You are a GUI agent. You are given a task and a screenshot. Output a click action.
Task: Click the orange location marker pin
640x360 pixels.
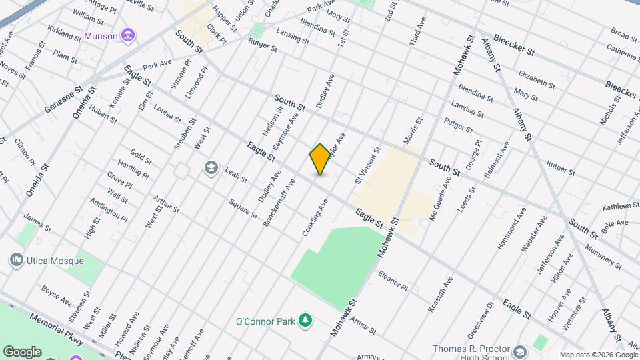(x=320, y=159)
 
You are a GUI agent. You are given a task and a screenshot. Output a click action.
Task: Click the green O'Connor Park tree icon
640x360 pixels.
(x=305, y=321)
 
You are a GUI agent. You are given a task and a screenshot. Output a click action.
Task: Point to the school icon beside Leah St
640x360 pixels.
(x=211, y=167)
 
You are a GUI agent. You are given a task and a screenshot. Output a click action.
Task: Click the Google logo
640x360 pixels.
(x=22, y=351)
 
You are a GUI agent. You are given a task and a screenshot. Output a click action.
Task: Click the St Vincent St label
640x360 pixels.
(x=367, y=165)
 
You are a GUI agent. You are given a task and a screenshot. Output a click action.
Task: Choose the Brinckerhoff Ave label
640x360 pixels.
(x=279, y=202)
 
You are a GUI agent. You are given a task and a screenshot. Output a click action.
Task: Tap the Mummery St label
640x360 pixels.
(x=603, y=257)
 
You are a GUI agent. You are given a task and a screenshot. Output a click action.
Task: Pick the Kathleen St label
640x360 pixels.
(x=615, y=207)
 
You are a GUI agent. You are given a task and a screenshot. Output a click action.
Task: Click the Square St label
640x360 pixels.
(x=243, y=210)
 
